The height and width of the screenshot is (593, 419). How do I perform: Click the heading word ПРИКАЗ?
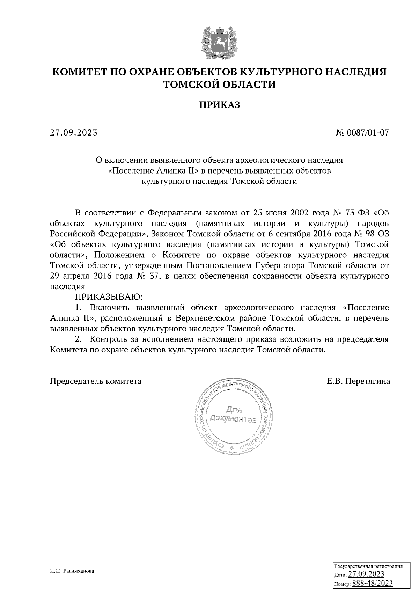tap(220, 105)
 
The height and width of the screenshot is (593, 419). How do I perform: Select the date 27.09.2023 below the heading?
tap(73, 133)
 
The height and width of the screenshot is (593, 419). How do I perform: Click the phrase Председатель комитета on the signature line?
tap(96, 381)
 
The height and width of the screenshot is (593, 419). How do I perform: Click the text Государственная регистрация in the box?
tap(368, 566)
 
